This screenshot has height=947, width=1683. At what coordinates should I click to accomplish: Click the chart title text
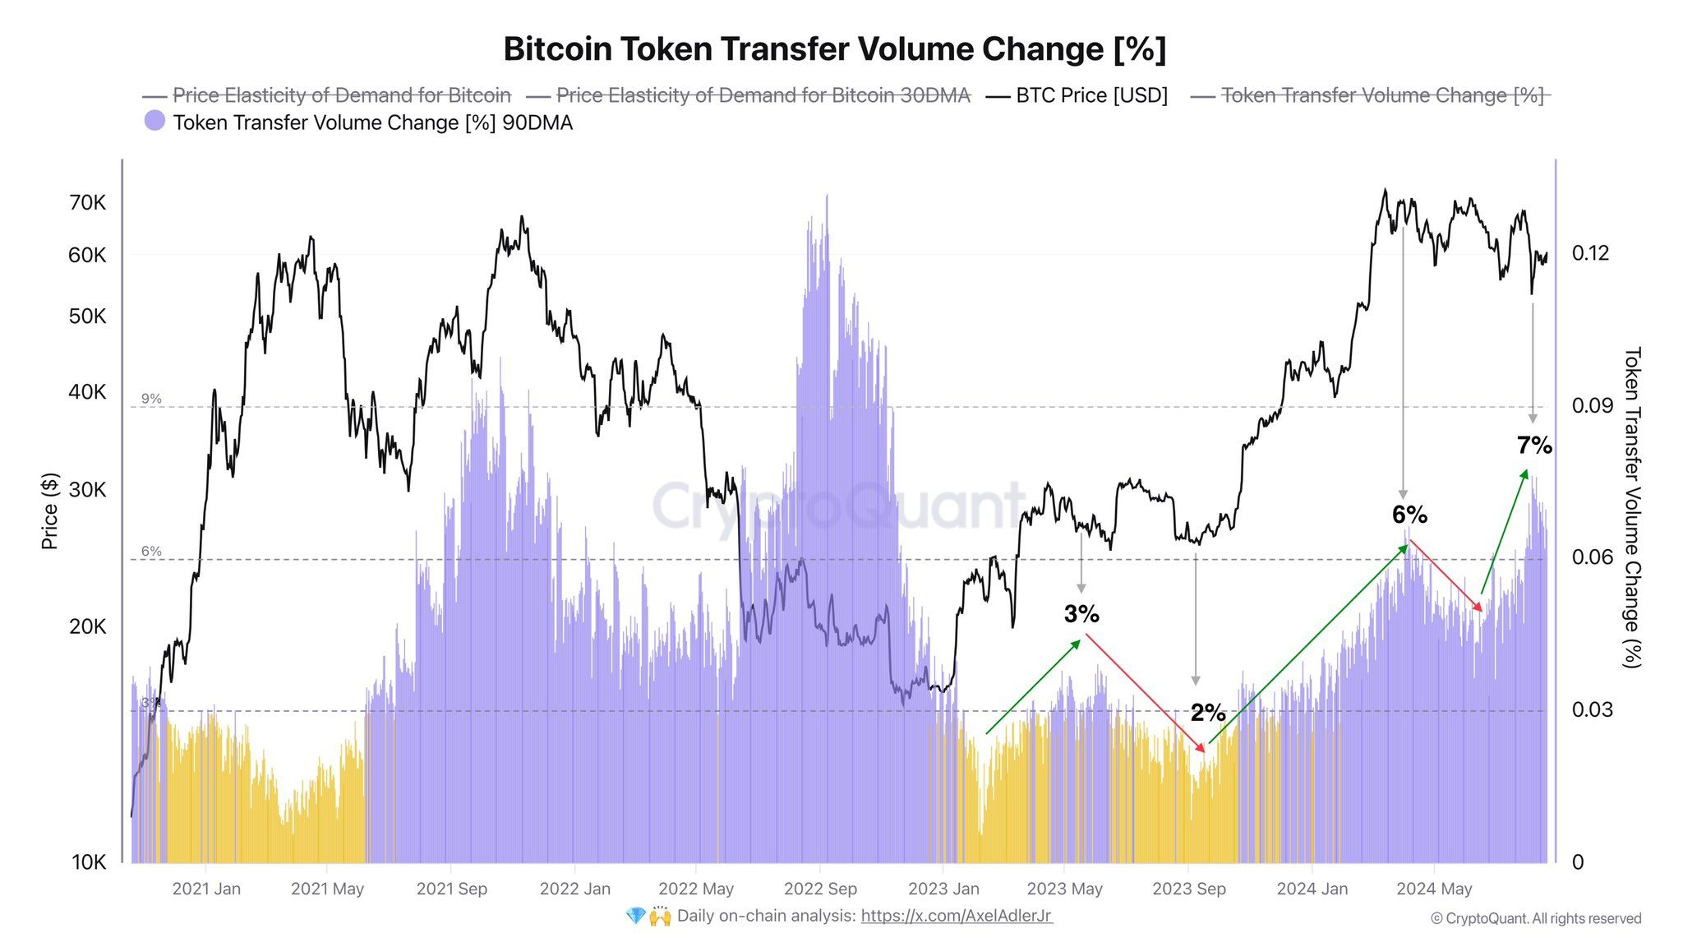pos(834,49)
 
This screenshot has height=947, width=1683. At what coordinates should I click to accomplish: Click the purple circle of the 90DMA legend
pos(154,121)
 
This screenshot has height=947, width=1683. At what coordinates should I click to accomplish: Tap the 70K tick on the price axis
pos(87,202)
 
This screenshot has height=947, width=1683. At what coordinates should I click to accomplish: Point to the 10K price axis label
pos(89,862)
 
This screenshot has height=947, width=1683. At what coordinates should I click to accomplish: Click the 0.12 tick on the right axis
pos(1590,253)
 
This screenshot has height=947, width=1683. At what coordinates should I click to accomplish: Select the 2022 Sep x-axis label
pos(819,889)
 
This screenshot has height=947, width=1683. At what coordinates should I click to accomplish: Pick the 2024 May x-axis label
pos(1434,889)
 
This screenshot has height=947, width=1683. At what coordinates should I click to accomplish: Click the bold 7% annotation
pos(1534,446)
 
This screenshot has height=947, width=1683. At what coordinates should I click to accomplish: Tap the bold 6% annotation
pos(1409,515)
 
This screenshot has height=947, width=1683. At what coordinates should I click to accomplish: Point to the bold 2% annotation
pos(1208,713)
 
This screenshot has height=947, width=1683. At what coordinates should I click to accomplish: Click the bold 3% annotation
pos(1081,614)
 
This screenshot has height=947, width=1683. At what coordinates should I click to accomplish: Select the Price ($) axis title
pos(50,510)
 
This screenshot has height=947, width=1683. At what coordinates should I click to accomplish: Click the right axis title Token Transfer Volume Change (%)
pos(1632,507)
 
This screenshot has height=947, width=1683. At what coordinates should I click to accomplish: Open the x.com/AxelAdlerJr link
pos(956,916)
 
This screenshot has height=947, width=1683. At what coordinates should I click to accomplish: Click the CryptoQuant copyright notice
pos(1535,918)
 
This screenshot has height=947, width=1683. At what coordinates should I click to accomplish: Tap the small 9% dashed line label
pos(151,399)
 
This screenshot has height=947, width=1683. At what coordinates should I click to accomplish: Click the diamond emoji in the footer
pos(635,916)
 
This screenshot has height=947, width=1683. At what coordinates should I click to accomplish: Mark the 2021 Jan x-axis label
pos(206,889)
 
